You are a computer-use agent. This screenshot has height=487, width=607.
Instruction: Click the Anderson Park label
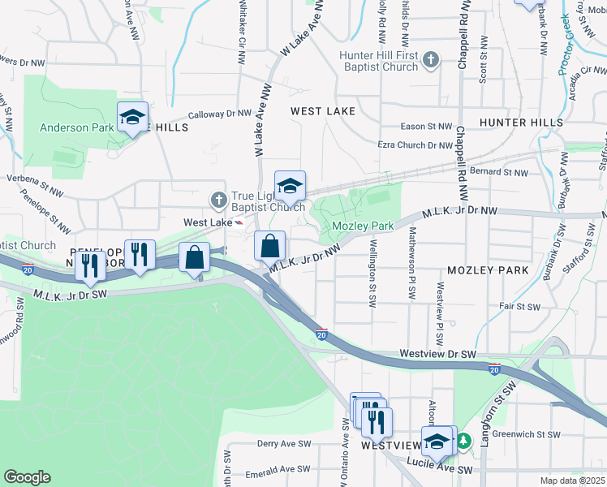tap(78, 127)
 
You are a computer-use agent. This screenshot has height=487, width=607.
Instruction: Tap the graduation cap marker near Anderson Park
tap(132, 118)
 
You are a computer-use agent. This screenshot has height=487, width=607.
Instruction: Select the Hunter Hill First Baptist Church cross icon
tap(431, 59)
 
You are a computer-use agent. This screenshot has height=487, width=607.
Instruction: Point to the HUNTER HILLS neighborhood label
tap(521, 122)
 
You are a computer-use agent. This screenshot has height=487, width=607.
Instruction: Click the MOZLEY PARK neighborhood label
tap(488, 269)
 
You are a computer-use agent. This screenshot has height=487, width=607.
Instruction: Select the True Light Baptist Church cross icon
tap(217, 199)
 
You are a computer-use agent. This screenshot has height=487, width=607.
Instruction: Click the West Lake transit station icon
tap(239, 222)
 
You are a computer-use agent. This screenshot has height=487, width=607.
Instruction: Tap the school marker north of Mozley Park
tap(290, 187)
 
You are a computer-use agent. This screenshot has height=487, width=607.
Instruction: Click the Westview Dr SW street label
tap(438, 355)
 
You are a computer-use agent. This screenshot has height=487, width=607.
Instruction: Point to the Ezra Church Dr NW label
tap(415, 145)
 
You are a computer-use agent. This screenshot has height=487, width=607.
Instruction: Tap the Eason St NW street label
tap(427, 127)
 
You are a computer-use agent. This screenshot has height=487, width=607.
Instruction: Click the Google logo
tap(28, 476)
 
